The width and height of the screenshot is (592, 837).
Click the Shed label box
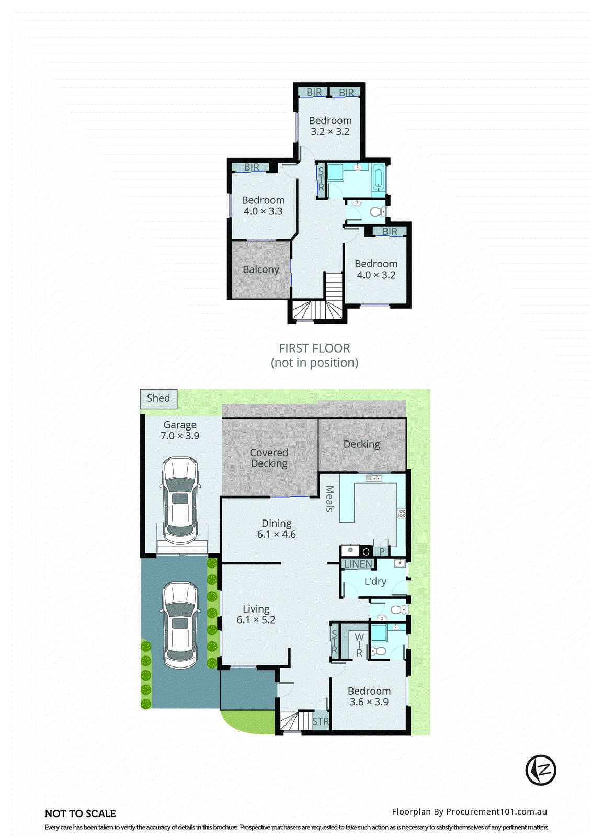[x=158, y=399]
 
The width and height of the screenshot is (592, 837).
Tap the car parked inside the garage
[x=179, y=500]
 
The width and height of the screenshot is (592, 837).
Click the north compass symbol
[x=541, y=770]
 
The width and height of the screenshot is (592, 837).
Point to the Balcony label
[x=260, y=269]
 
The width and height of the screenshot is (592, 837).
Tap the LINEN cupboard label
[x=358, y=564]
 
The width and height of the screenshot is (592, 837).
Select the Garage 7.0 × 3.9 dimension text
[x=180, y=431]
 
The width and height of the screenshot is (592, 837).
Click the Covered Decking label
[x=269, y=458]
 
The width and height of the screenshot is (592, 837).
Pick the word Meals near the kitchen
[x=330, y=499]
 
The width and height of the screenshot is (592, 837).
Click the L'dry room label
[x=375, y=581]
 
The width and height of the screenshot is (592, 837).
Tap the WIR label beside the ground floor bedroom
[x=359, y=645]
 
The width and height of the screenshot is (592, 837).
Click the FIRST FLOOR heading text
[x=314, y=348]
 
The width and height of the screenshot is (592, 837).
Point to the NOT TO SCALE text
[x=81, y=813]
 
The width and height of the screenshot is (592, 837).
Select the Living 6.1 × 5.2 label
[x=256, y=614]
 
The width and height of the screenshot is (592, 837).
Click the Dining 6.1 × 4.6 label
[x=276, y=528]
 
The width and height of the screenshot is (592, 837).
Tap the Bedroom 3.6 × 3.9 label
[x=369, y=696]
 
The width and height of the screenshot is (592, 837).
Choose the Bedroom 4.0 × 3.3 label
[x=263, y=206]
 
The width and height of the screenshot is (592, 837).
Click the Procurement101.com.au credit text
[x=469, y=812]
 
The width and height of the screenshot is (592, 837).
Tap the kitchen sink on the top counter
[x=373, y=478]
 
